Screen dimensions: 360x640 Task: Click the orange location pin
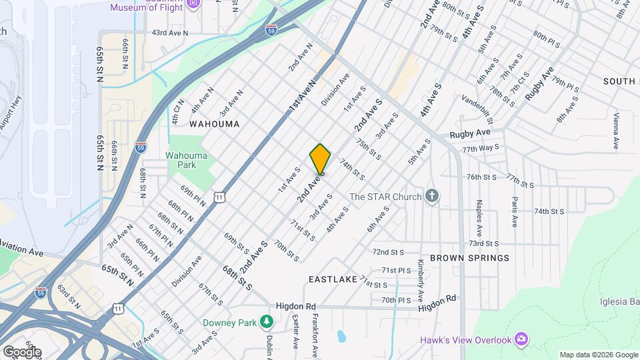(320, 159)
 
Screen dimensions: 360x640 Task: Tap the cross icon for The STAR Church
(432, 196)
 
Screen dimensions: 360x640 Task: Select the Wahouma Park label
(187, 160)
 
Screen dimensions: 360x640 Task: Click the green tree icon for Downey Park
(267, 323)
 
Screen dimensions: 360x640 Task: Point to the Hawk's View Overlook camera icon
(521, 340)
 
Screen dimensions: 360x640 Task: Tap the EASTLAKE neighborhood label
(333, 279)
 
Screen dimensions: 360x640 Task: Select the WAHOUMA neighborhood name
(213, 124)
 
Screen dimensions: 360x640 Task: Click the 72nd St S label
(389, 253)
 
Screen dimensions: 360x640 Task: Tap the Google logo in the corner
(22, 351)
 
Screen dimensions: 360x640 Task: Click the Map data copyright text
(597, 355)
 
